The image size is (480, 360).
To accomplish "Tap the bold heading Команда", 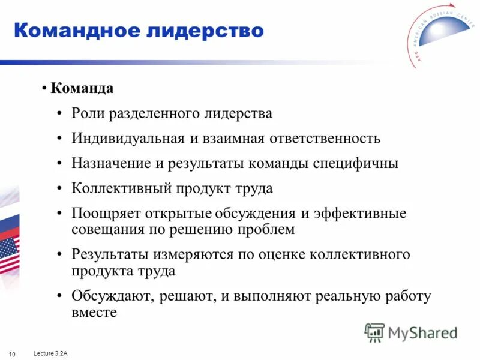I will click(82, 89).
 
